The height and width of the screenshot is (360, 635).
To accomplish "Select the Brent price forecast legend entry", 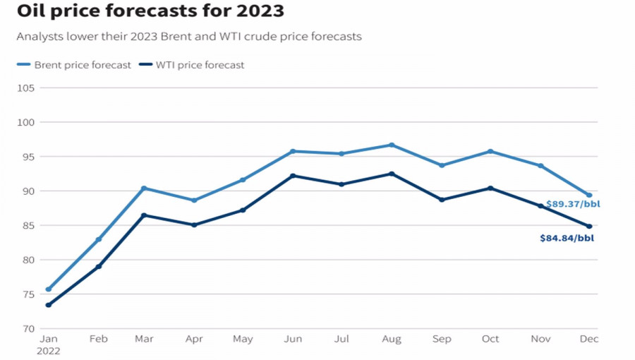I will tap(74, 65).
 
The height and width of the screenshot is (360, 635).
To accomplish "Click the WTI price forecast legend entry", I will tap(192, 65).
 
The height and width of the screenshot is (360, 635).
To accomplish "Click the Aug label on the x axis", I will tap(392, 340).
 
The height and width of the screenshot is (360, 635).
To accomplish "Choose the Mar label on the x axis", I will tap(144, 340).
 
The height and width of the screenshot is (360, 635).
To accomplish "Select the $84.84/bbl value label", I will tap(567, 239).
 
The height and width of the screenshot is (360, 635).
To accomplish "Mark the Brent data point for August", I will tap(392, 145).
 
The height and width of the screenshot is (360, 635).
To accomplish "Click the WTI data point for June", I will tap(293, 176).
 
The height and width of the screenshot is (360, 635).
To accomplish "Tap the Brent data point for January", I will tap(48, 289).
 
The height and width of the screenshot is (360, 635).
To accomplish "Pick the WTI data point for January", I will tap(48, 305).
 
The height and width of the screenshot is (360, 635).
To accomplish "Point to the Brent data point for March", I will tap(144, 188).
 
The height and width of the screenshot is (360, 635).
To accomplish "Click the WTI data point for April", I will tap(194, 225).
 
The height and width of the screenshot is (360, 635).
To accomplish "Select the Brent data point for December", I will tap(590, 196).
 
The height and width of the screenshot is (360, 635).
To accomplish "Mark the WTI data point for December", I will tap(590, 227).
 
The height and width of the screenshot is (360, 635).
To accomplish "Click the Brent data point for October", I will tap(490, 152).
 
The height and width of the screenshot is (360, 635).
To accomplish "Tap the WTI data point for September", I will tap(442, 200).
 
